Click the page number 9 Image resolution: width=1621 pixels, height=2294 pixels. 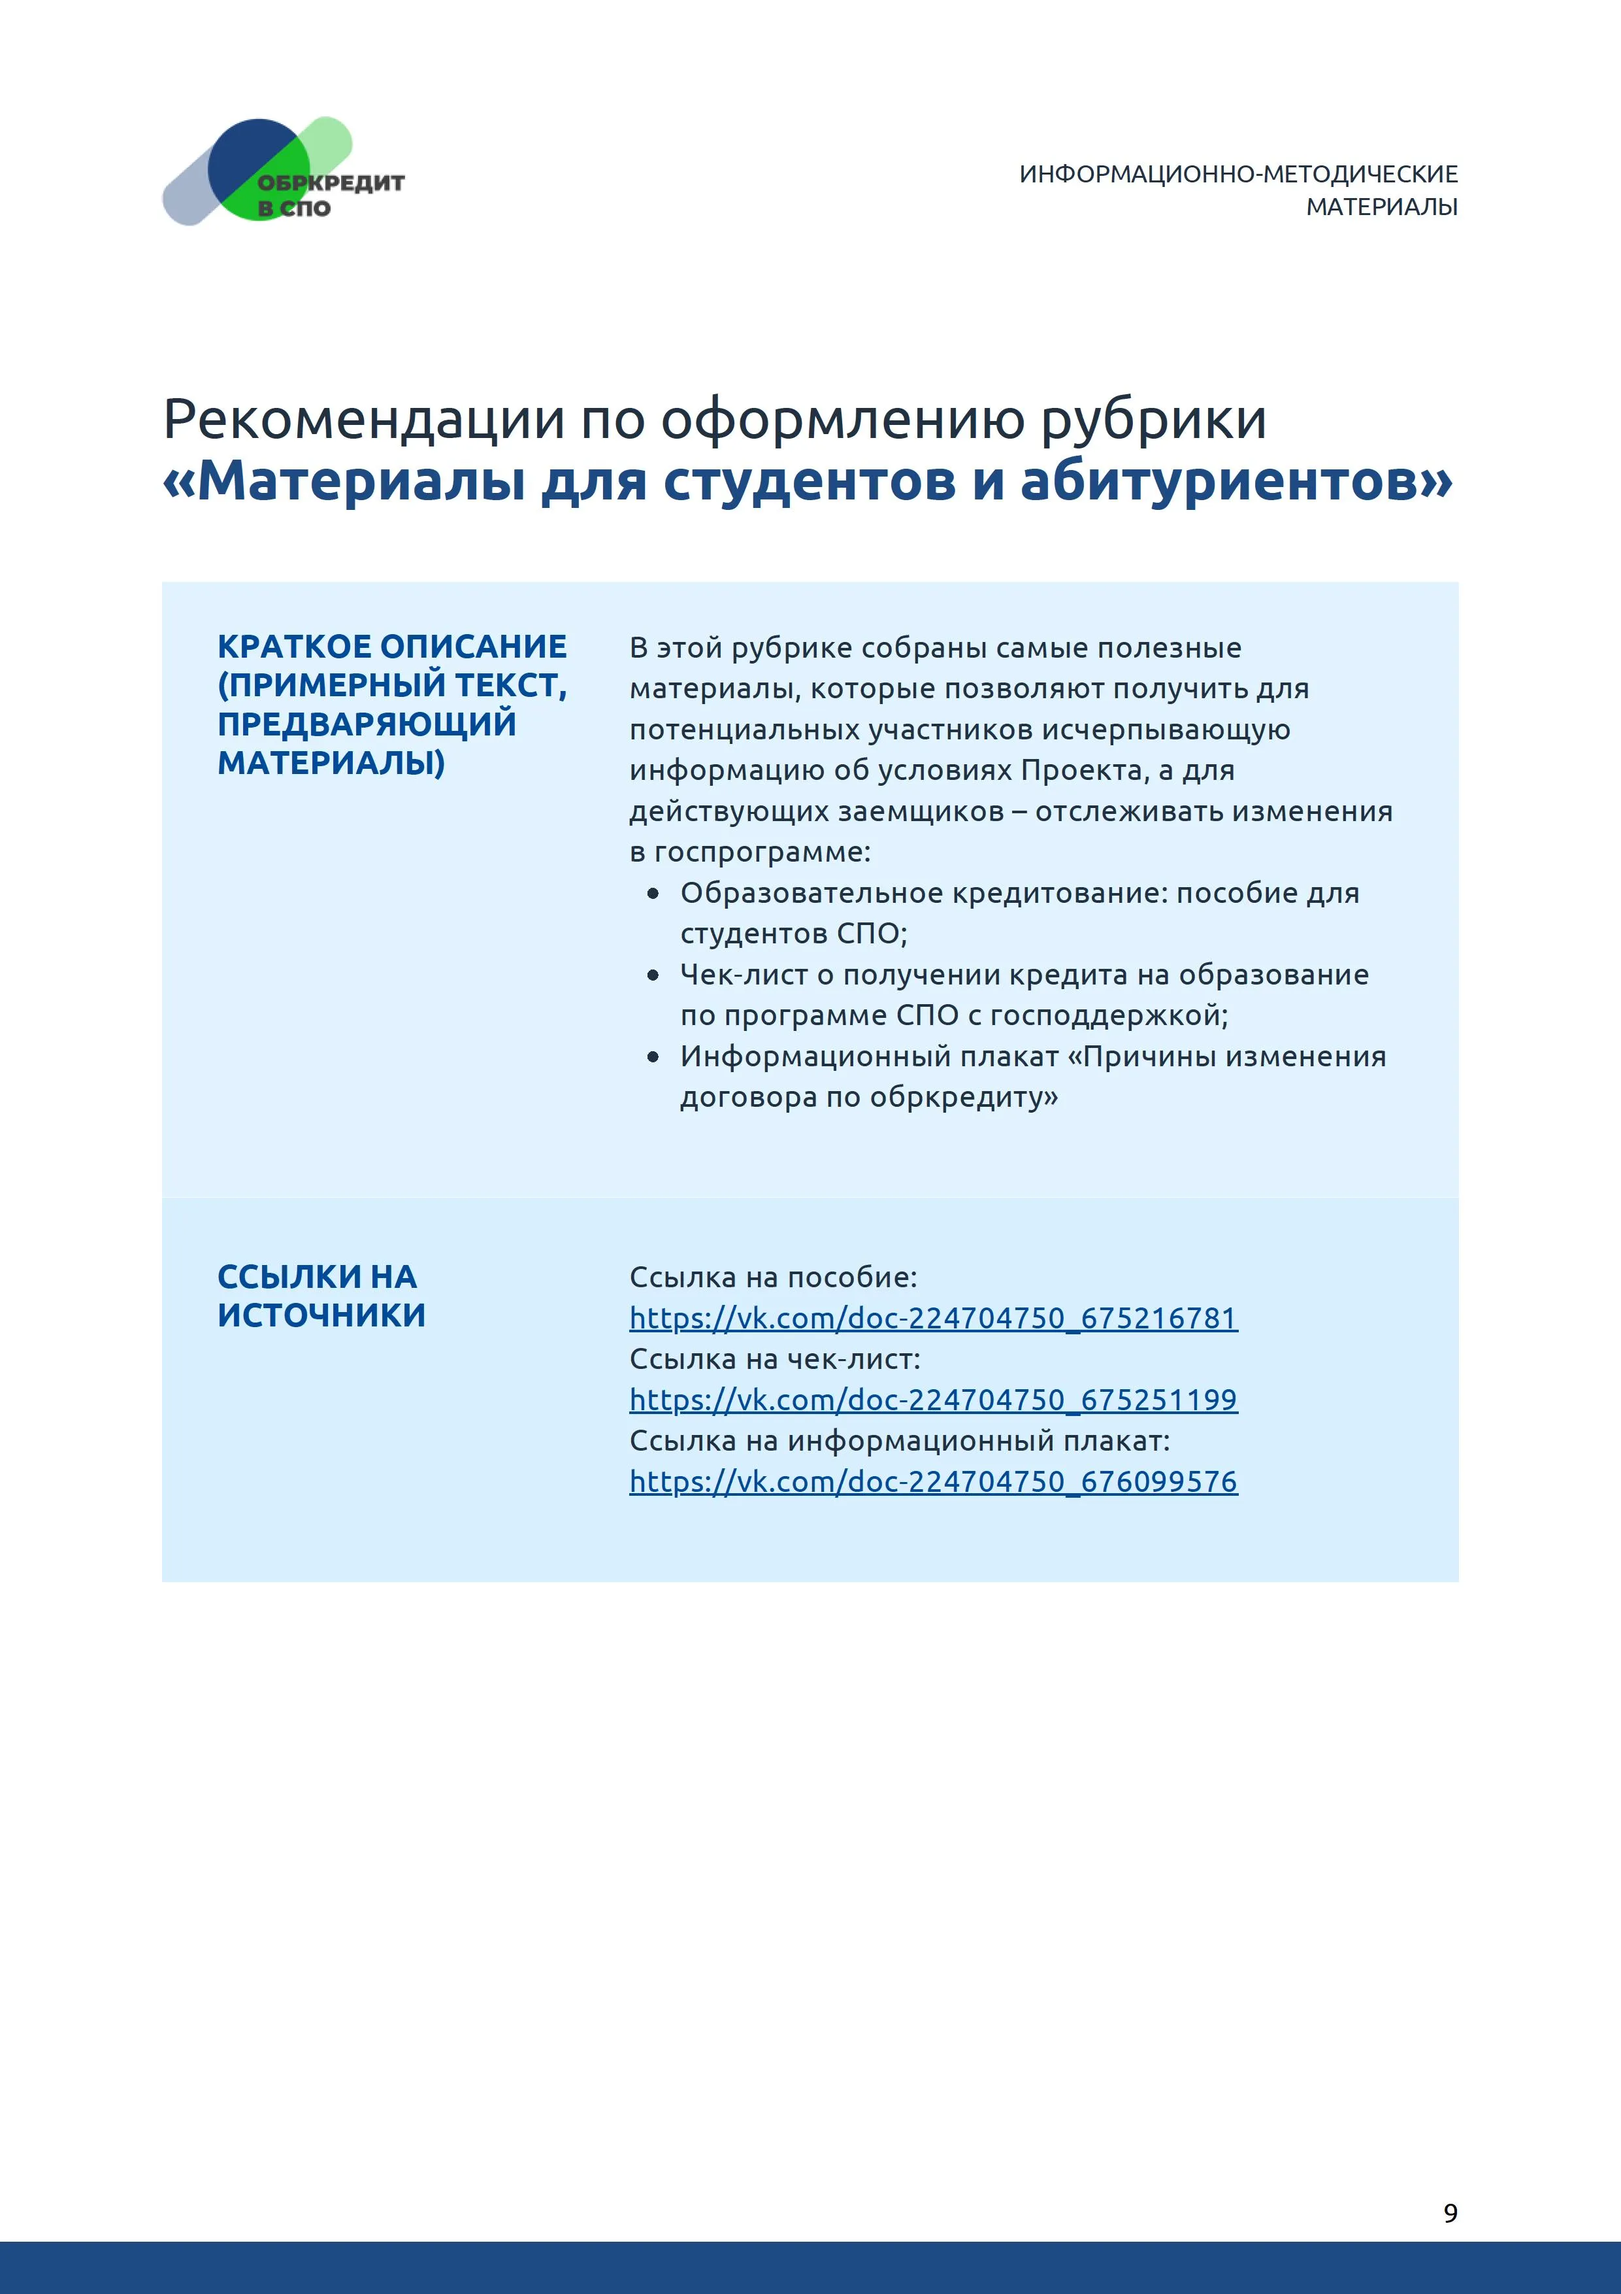pyautogui.click(x=1450, y=2213)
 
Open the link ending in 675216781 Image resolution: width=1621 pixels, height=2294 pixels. pyautogui.click(x=933, y=1319)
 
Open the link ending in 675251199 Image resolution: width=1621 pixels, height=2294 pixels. pyautogui.click(x=933, y=1400)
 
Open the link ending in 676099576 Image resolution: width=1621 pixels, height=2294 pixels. pyautogui.click(x=933, y=1481)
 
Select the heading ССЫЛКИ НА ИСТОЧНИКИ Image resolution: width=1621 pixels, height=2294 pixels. pyautogui.click(x=321, y=1296)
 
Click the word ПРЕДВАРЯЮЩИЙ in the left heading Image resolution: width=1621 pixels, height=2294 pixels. pyautogui.click(x=367, y=723)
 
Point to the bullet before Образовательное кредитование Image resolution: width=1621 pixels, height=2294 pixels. pyautogui.click(x=653, y=894)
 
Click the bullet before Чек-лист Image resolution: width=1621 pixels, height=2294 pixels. pyautogui.click(x=653, y=975)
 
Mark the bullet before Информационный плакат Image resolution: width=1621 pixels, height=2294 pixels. pyautogui.click(x=653, y=1057)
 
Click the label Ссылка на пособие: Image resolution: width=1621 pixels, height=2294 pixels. pyautogui.click(x=772, y=1277)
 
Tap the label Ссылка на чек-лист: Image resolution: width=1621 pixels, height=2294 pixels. pyautogui.click(x=774, y=1359)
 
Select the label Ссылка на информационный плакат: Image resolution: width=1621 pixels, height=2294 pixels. pyautogui.click(x=899, y=1441)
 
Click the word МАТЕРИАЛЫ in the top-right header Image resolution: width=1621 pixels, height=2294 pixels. pyautogui.click(x=1381, y=207)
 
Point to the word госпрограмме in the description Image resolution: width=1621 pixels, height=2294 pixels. pyautogui.click(x=761, y=852)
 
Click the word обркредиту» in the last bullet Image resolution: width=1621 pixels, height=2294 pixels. pyautogui.click(x=963, y=1098)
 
